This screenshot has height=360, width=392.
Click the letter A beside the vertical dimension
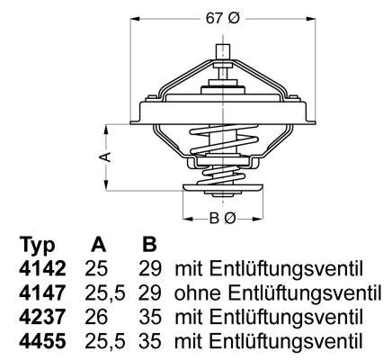point(106,157)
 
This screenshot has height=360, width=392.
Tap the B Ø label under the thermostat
point(221,217)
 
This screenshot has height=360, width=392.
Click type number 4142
point(40,269)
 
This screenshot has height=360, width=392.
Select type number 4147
point(40,292)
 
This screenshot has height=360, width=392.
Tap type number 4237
point(40,317)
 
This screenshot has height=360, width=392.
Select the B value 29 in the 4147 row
point(150,292)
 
